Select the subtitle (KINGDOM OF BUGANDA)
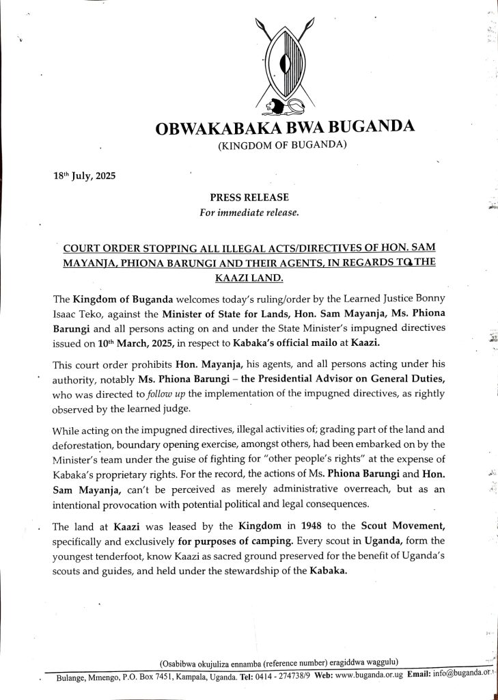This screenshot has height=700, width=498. coord(282,144)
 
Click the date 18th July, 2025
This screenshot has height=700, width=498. coord(85,175)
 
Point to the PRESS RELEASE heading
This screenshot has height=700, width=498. coord(249,198)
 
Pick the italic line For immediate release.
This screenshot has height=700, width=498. coord(249,212)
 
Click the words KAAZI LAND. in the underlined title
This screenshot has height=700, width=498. coord(248,278)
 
